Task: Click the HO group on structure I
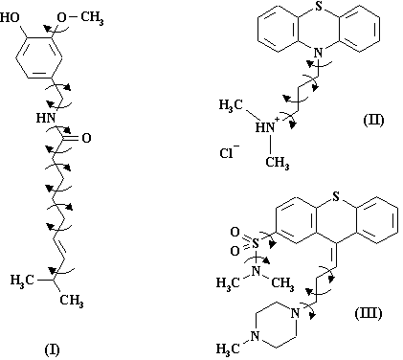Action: click(x=11, y=17)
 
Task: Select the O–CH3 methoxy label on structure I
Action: click(x=80, y=18)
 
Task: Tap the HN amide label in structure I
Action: click(x=46, y=119)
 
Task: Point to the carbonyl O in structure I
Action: click(x=86, y=138)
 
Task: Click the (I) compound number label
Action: click(x=52, y=349)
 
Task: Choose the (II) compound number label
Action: click(x=373, y=120)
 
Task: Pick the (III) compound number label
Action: click(x=369, y=313)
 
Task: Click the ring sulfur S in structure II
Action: click(x=319, y=7)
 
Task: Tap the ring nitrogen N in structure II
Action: click(x=319, y=53)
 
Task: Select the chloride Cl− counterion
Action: click(x=229, y=152)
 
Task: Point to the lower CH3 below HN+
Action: click(x=278, y=163)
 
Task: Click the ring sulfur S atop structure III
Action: click(x=336, y=197)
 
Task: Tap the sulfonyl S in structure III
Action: click(x=256, y=244)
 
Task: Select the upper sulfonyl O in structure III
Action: click(x=235, y=233)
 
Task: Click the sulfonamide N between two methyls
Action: click(x=256, y=271)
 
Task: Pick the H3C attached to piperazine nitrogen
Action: click(x=228, y=349)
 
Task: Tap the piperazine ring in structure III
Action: click(x=276, y=325)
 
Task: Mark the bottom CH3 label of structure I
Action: click(x=72, y=301)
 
